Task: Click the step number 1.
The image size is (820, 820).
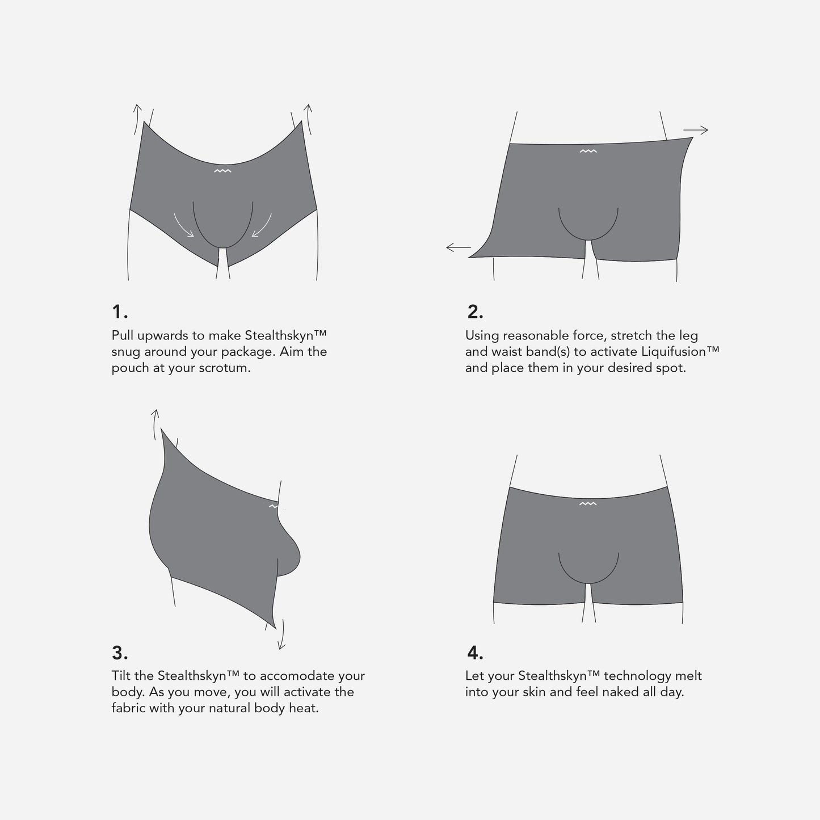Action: click(120, 312)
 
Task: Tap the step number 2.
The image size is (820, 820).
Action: click(475, 312)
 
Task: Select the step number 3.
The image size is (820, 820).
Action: click(120, 653)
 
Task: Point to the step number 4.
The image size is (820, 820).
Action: click(475, 653)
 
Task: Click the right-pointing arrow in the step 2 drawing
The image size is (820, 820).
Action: click(696, 130)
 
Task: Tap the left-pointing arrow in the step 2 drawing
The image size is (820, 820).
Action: click(459, 247)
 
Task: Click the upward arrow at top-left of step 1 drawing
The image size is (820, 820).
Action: click(137, 119)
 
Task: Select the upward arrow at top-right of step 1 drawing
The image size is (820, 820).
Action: click(308, 119)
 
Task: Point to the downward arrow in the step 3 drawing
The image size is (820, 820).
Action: click(281, 634)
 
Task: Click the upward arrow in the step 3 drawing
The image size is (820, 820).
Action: click(155, 424)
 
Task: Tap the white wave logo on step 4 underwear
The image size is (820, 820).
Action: click(588, 504)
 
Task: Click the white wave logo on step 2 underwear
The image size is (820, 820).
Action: click(588, 151)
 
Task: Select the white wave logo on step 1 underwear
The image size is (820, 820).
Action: click(222, 171)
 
